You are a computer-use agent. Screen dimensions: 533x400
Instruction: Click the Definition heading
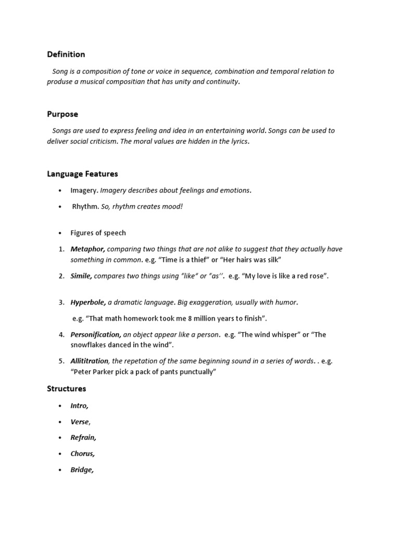click(66, 54)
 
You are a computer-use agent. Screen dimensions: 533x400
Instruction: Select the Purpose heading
click(63, 114)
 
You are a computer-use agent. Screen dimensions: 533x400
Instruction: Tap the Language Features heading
click(82, 174)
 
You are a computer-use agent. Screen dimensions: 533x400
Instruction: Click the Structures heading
click(66, 388)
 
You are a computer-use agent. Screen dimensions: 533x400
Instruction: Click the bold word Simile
click(81, 276)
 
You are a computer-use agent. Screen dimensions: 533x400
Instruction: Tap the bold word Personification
click(96, 335)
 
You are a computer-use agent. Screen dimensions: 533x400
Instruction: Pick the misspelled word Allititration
click(90, 361)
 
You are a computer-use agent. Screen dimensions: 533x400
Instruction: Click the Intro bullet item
click(79, 405)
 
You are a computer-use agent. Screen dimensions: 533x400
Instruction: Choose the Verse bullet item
click(80, 422)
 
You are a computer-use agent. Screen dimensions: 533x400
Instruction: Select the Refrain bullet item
click(83, 438)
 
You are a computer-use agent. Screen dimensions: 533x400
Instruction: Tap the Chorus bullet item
click(83, 454)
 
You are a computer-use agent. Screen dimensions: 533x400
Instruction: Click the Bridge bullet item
click(82, 470)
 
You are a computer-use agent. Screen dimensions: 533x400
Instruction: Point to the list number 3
click(61, 302)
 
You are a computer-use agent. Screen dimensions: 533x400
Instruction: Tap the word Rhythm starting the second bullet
click(85, 207)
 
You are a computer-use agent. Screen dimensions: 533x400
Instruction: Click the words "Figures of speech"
click(98, 233)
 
